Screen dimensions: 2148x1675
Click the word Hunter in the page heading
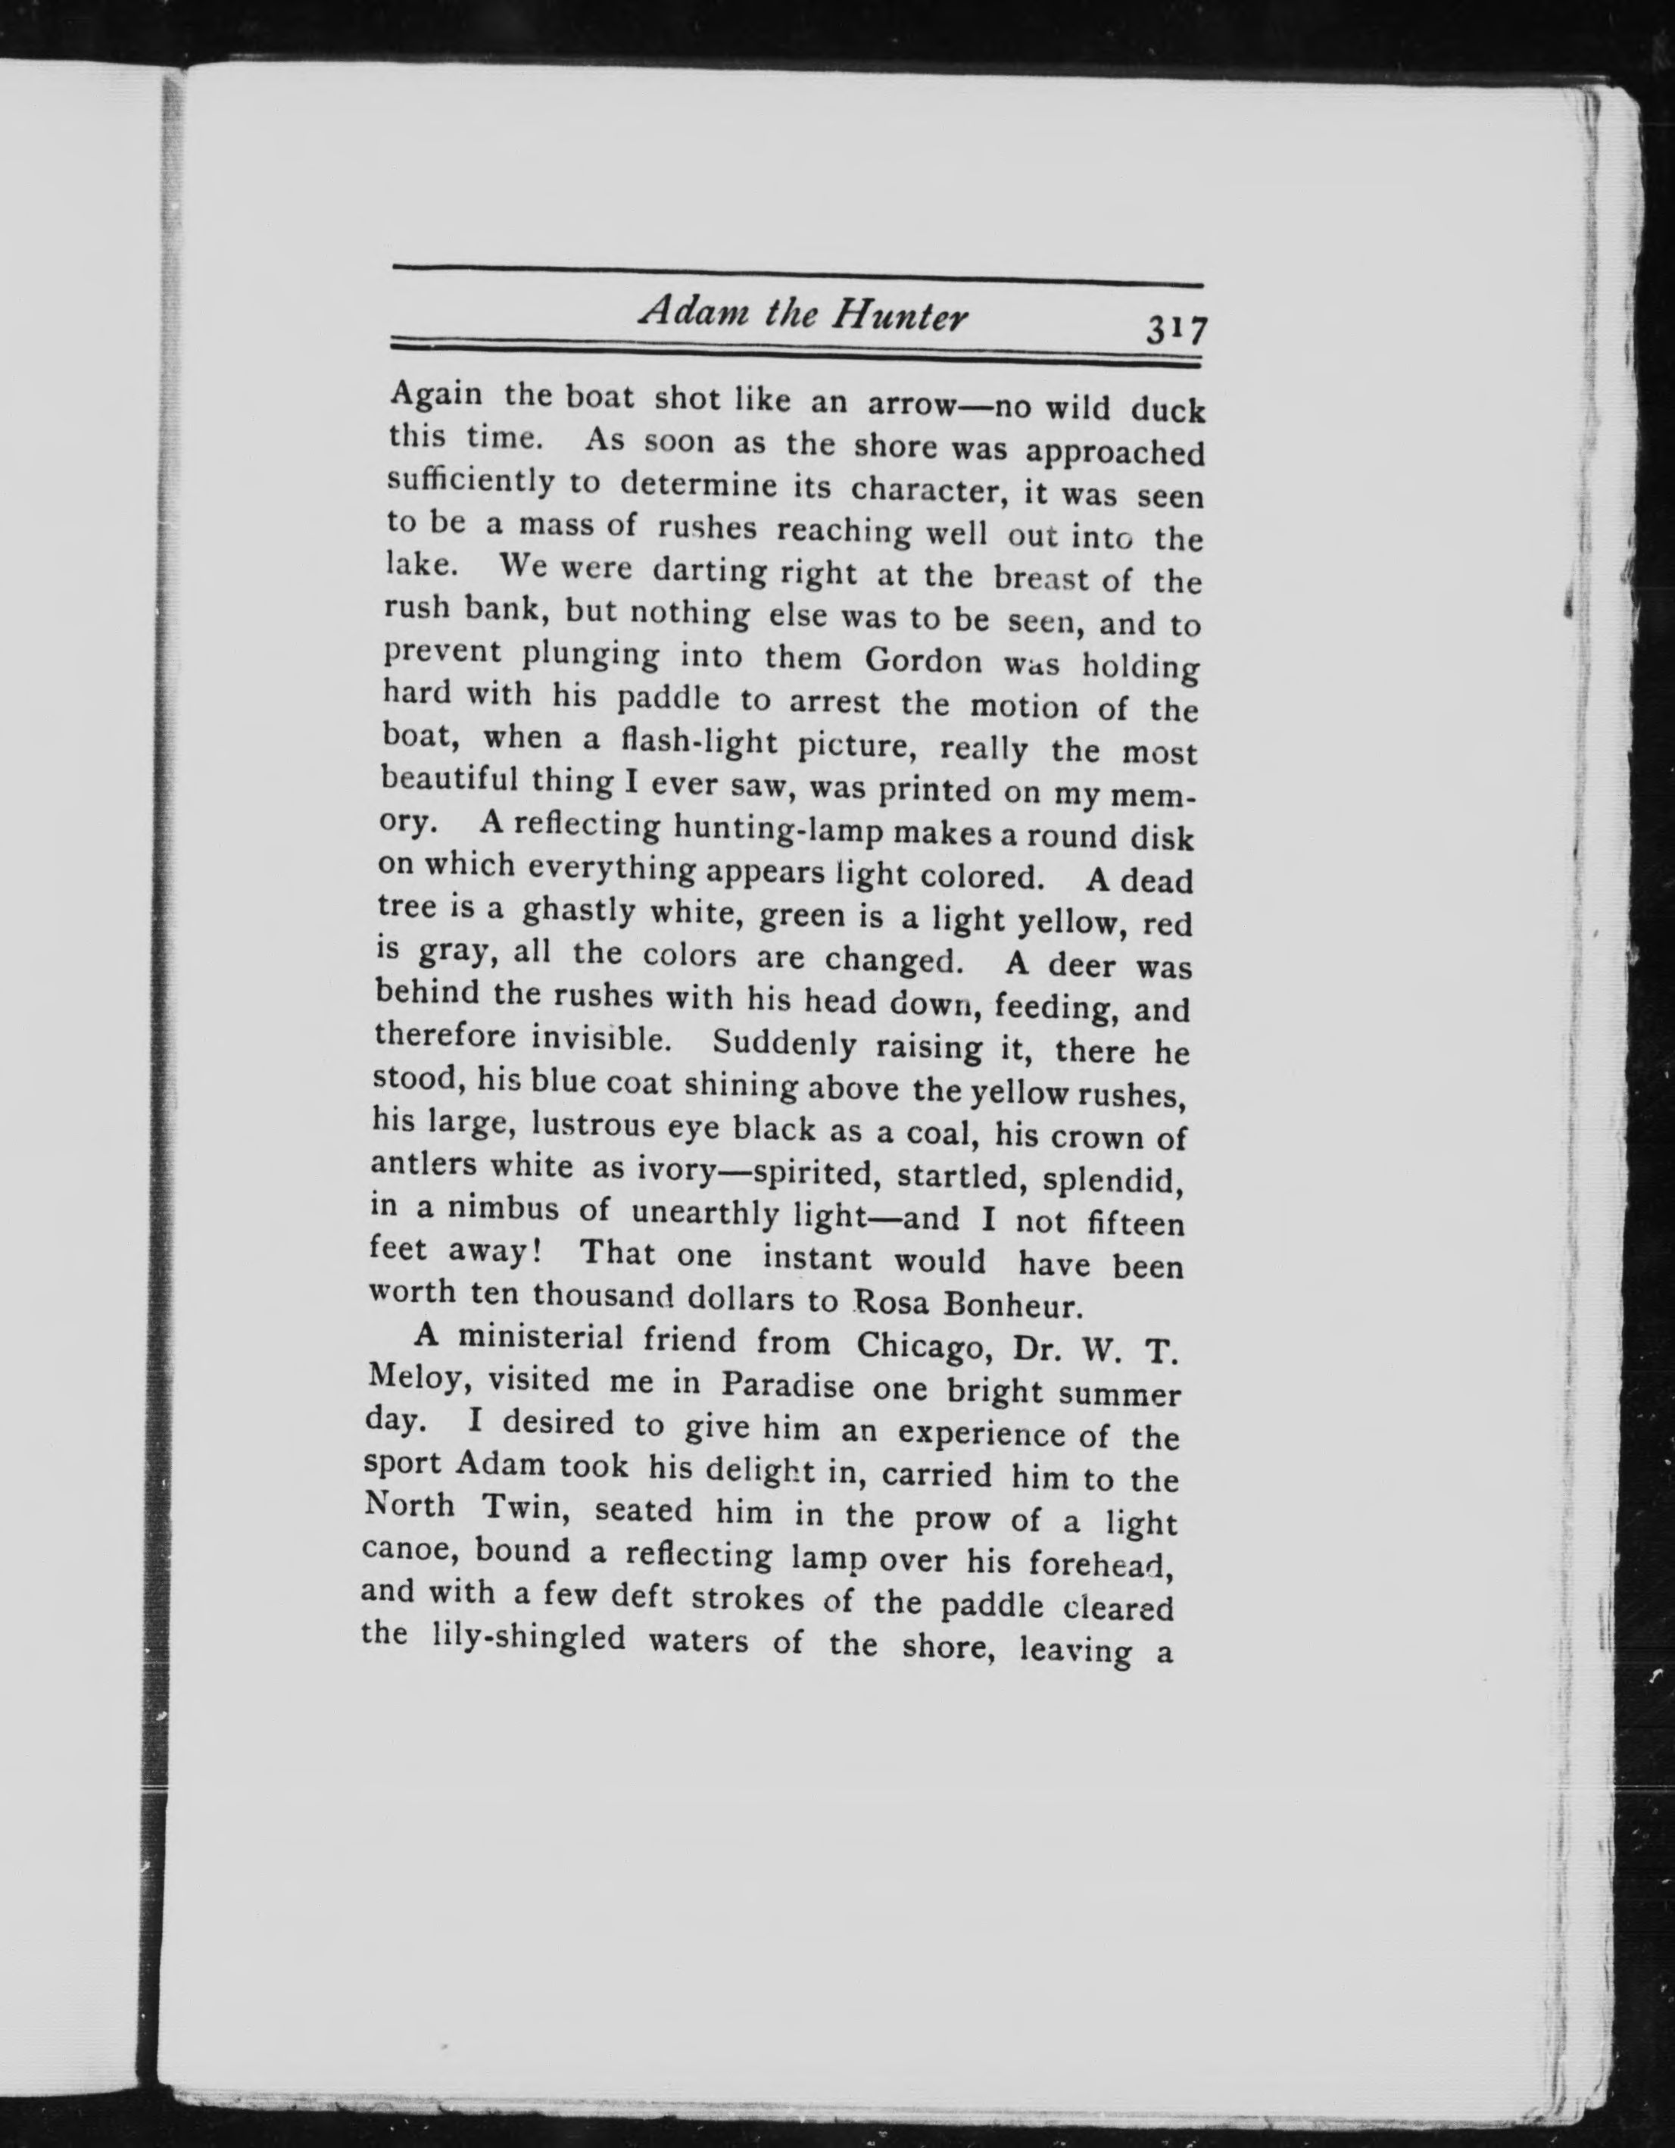point(900,316)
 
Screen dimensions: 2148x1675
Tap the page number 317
point(1174,329)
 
